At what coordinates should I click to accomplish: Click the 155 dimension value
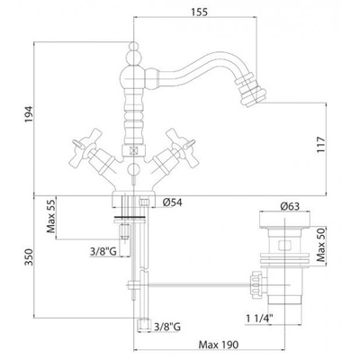[x=199, y=12]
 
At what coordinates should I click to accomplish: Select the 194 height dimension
[x=29, y=114]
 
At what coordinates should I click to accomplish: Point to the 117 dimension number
[x=320, y=145]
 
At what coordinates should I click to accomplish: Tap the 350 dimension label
[x=29, y=257]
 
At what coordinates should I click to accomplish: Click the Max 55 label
[x=51, y=216]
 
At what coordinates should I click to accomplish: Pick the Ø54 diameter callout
[x=172, y=202]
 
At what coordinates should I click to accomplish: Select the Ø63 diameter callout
[x=290, y=206]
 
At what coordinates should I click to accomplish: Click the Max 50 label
[x=320, y=244]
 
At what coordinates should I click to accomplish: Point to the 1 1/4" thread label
[x=259, y=318]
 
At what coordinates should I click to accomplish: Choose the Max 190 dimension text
[x=219, y=345]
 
